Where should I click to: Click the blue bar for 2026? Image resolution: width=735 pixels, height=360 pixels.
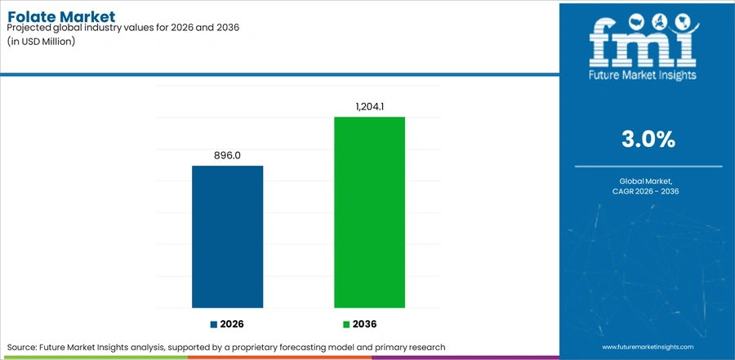[227, 237]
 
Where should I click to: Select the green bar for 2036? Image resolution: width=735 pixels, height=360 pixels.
[369, 212]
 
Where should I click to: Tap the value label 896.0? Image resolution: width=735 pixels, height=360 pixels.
[227, 156]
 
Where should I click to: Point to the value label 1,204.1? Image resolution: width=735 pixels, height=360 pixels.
[369, 107]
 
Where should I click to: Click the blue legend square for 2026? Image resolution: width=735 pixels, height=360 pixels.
[214, 324]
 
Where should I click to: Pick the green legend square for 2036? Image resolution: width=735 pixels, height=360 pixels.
[346, 324]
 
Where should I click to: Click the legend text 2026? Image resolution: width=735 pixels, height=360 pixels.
[232, 324]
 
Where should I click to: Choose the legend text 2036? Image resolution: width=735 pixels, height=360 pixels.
[365, 324]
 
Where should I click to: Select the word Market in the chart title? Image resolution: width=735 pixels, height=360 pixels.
[88, 17]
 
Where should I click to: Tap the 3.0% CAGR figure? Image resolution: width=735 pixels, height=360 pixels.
[648, 140]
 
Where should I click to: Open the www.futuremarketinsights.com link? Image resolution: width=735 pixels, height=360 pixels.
[648, 347]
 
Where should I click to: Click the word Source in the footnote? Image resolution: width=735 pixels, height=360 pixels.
[22, 347]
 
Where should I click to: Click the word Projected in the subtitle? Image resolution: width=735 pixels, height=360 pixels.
[27, 28]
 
